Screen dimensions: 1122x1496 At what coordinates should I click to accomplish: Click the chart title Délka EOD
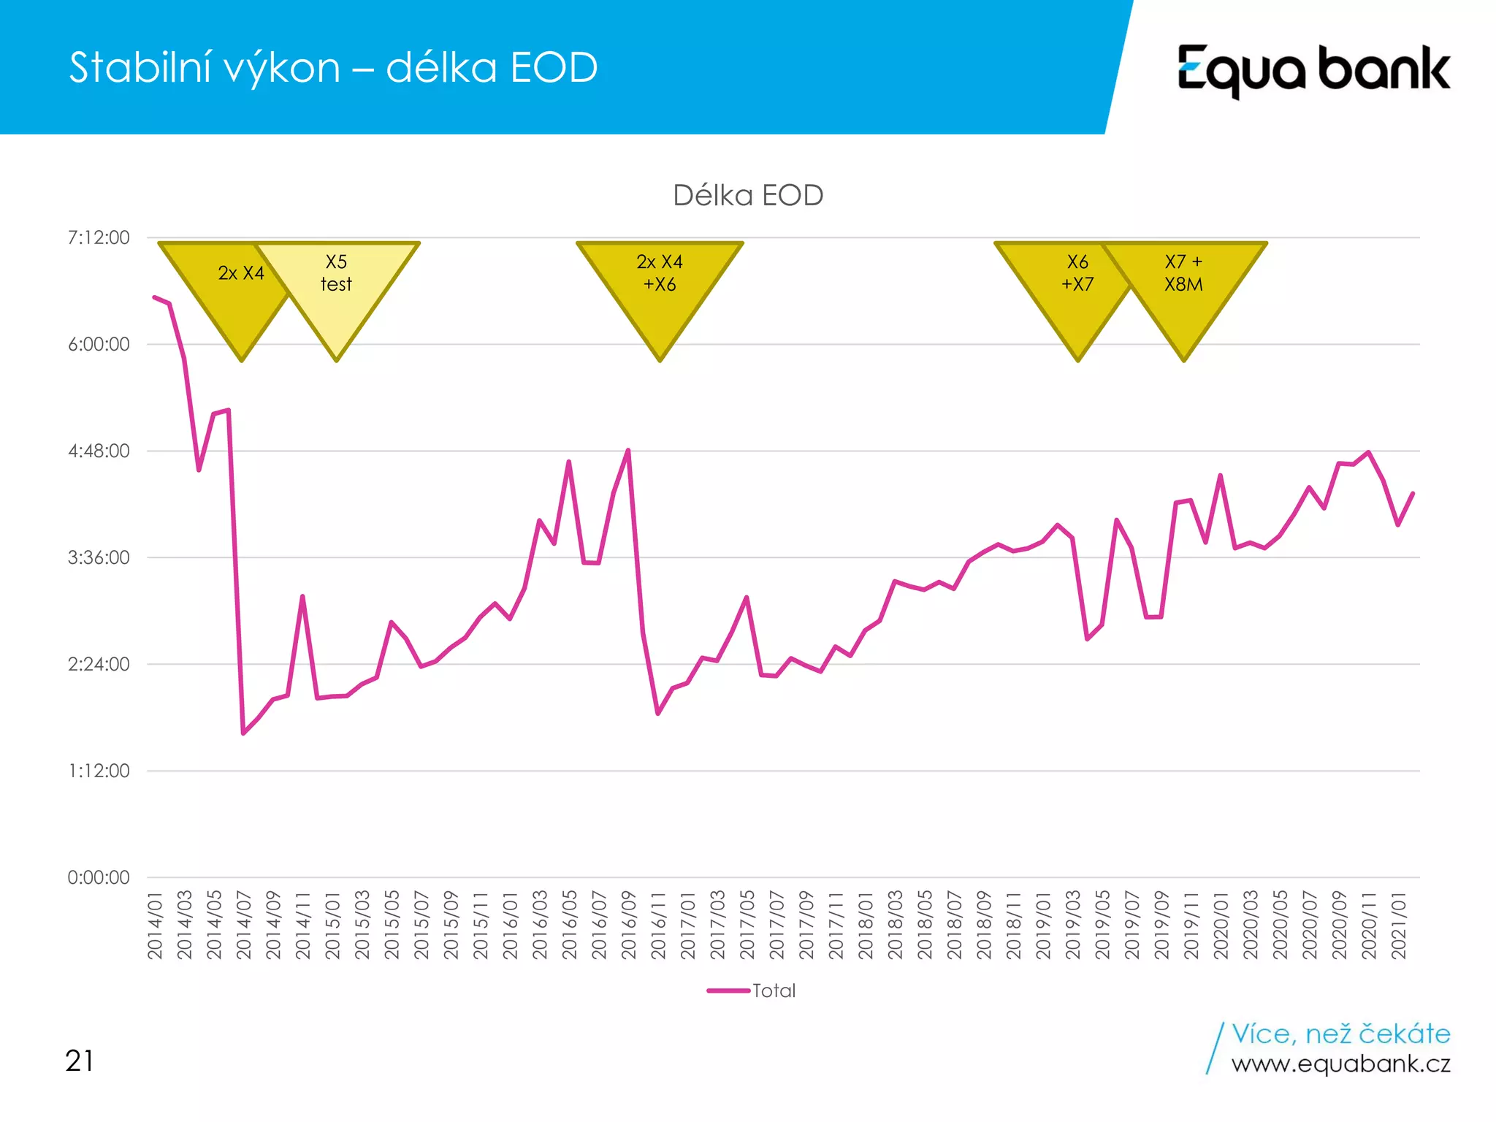(748, 196)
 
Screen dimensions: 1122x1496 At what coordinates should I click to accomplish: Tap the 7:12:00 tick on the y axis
(99, 238)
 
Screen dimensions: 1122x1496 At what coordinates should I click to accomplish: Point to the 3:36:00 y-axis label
(99, 558)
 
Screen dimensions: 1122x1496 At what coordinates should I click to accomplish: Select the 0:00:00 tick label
(99, 878)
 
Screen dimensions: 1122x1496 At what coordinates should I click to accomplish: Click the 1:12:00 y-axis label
(99, 771)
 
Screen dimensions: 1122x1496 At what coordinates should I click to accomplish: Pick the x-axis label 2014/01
(155, 925)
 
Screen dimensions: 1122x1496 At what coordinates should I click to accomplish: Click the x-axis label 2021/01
(1399, 925)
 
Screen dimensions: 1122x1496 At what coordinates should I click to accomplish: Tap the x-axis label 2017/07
(776, 925)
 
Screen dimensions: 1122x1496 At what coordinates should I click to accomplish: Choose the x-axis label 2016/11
(658, 925)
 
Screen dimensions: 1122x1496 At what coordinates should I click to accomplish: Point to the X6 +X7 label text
(1077, 273)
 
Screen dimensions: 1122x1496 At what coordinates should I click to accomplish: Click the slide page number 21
(80, 1061)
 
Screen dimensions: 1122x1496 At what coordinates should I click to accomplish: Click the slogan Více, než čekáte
(1340, 1034)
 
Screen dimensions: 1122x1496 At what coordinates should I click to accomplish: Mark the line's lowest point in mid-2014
(243, 733)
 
